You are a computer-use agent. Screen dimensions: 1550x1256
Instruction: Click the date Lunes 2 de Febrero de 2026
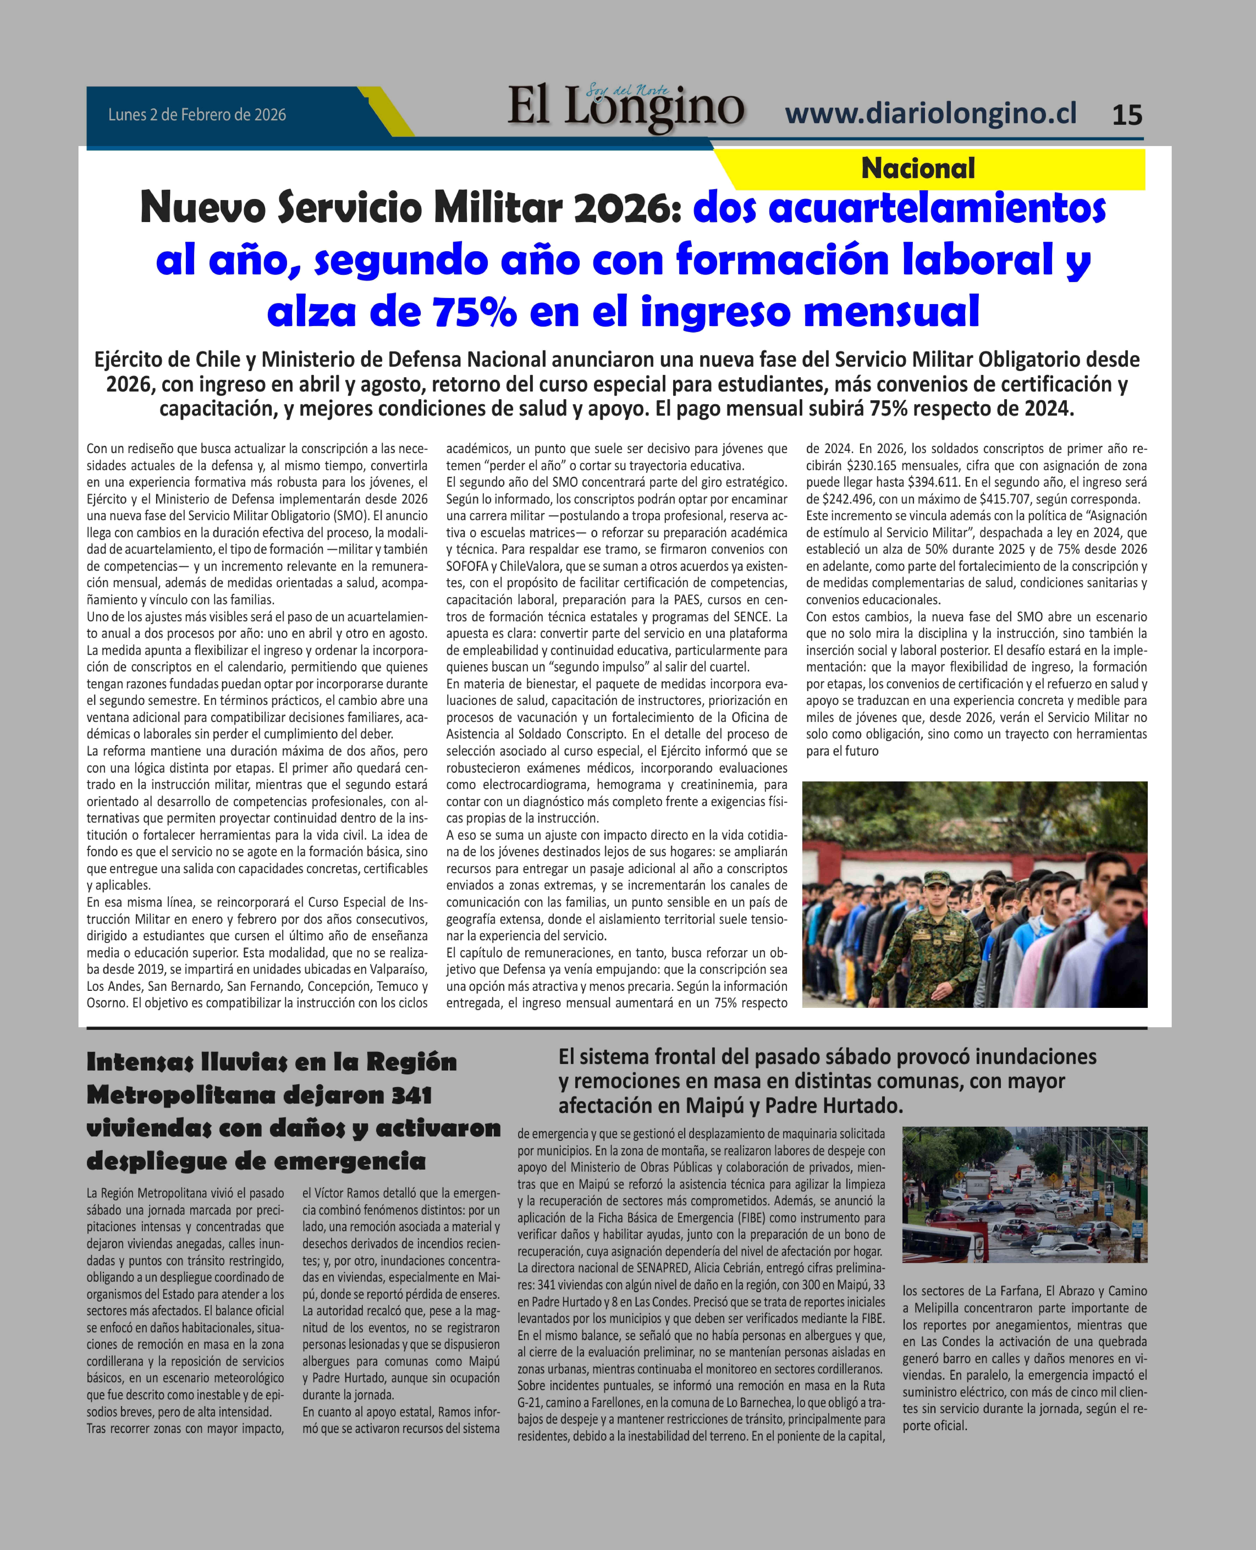pyautogui.click(x=197, y=115)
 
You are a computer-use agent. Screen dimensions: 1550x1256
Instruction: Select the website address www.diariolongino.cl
pyautogui.click(x=930, y=113)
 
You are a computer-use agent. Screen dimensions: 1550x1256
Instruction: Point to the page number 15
pyautogui.click(x=1126, y=115)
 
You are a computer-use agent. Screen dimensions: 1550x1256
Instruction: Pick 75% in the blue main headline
pyautogui.click(x=475, y=312)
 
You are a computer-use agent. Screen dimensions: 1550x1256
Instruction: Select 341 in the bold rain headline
pyautogui.click(x=411, y=1095)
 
